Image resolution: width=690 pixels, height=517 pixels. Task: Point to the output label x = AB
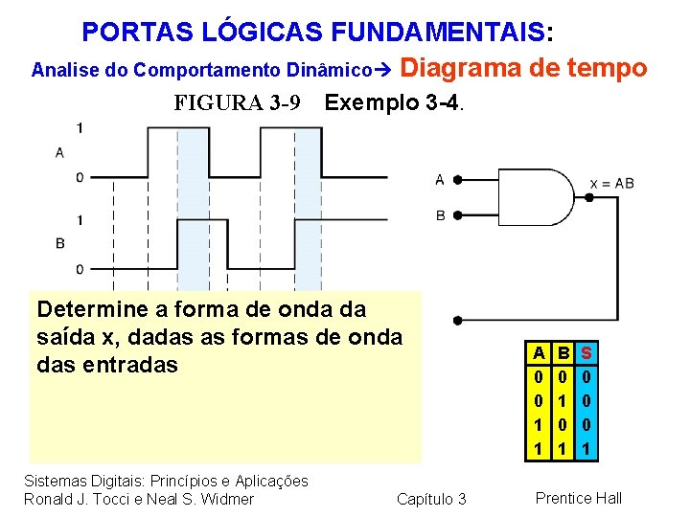611,183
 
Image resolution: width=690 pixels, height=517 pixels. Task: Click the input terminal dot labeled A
458,179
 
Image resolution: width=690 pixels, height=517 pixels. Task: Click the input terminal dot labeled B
458,215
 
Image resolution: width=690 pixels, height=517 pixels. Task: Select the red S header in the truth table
586,353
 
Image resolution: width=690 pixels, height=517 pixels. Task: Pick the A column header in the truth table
540,353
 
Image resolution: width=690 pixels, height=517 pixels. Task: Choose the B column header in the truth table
563,353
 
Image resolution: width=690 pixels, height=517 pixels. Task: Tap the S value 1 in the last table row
586,447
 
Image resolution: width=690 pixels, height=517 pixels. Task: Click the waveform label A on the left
59,152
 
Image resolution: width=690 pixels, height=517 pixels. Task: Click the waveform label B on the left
59,243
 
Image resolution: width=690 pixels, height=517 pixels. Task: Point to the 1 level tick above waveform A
80,128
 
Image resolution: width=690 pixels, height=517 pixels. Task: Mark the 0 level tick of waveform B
80,269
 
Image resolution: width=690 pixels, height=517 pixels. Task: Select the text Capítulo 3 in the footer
431,499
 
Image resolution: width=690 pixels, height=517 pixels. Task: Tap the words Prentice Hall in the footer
579,498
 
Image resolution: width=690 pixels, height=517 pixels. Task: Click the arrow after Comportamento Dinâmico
382,70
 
